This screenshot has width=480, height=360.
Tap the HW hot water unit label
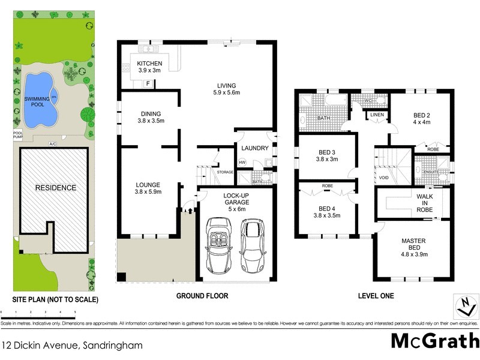(x=242, y=162)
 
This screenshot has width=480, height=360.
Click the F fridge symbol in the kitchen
(x=148, y=83)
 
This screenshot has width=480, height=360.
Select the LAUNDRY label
(x=254, y=148)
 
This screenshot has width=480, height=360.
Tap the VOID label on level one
(x=383, y=178)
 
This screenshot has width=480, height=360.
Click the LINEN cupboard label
(x=377, y=115)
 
